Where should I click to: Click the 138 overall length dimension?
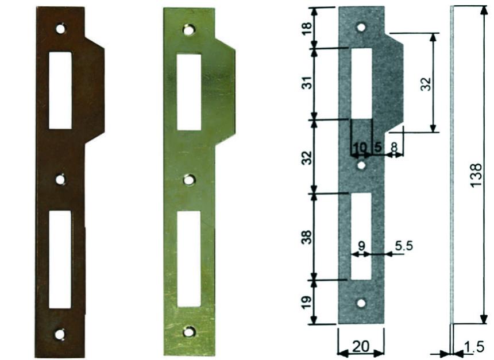click(x=476, y=173)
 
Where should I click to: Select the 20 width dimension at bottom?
click(x=360, y=347)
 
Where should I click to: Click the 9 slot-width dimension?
click(x=361, y=246)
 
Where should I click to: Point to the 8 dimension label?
click(x=393, y=147)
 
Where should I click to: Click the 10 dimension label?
click(x=360, y=147)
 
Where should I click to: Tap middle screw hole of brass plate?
click(x=188, y=180)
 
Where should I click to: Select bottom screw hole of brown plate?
click(x=60, y=334)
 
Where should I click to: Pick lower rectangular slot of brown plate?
click(x=60, y=260)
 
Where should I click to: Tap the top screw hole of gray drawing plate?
click(x=361, y=27)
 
